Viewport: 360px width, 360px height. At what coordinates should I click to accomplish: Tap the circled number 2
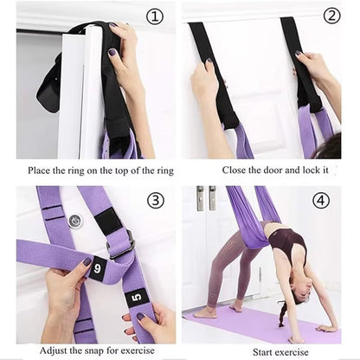(x=331, y=16)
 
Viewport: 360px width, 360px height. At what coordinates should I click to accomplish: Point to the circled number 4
(x=321, y=201)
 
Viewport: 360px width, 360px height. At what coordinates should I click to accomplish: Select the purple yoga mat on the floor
(x=260, y=325)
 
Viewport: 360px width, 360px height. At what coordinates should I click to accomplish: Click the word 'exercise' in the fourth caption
(x=299, y=351)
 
